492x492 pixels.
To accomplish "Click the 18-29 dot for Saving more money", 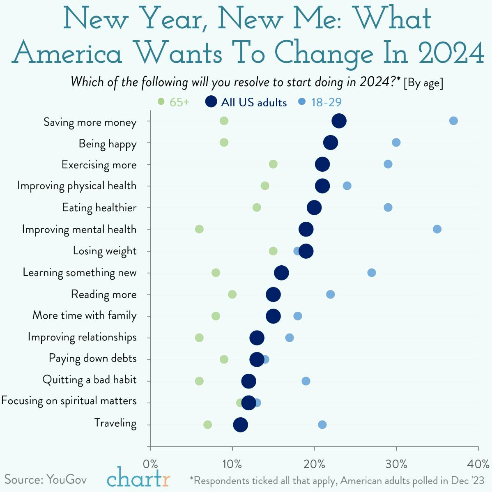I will pos(453,121).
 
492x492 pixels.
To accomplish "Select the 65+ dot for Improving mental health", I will pos(199,229).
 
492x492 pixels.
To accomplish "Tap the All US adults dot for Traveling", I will pos(240,425).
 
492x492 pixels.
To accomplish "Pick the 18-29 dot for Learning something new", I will pos(372,273).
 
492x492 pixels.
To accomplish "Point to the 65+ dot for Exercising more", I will pos(273,164).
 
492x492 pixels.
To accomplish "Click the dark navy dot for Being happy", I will pos(331,143).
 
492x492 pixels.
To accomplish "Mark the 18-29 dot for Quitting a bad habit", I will pos(306,381).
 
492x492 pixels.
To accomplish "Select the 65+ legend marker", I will pos(161,101).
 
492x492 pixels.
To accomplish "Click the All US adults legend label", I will pos(254,102).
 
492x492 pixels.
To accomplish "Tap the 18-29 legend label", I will pos(326,102).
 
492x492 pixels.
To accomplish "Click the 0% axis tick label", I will pos(150,464).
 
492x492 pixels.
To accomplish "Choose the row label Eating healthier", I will pos(99,208).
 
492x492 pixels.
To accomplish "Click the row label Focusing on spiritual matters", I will pos(69,401).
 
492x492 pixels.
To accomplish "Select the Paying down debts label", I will pos(92,359).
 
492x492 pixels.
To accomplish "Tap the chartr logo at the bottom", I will pos(138,478).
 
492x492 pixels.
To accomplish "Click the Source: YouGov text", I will pos(45,479).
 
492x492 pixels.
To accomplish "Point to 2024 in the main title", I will pos(451,53).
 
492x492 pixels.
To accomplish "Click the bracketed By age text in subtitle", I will pos(423,83).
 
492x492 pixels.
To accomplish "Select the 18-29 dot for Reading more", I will pos(331,294).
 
